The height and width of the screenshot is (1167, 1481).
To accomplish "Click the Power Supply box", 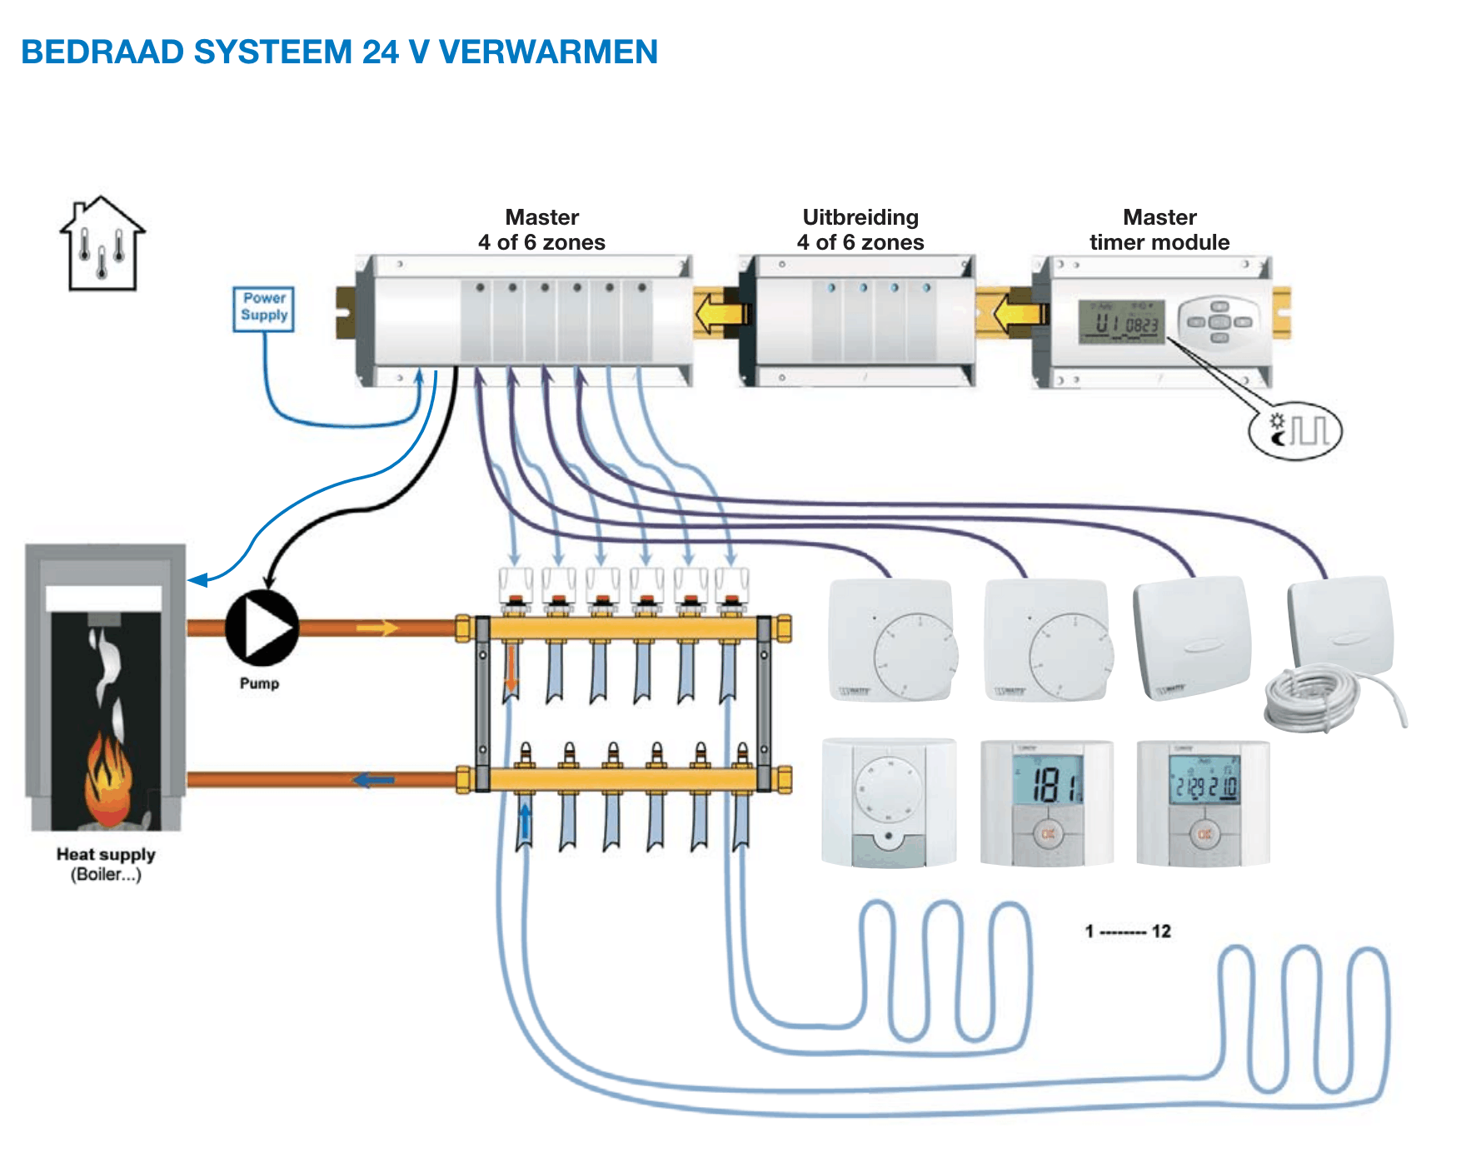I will [x=264, y=309].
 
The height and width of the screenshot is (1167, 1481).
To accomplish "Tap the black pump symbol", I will [x=261, y=628].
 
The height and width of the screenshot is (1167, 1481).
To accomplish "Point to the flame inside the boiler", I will [x=107, y=778].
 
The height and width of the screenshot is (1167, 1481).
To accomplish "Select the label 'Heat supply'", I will [x=106, y=855].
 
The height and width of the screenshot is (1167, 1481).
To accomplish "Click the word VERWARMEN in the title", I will [x=548, y=52].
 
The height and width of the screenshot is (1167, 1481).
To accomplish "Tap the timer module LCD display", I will [x=1121, y=321].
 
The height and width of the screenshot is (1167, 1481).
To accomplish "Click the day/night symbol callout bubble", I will [x=1296, y=431].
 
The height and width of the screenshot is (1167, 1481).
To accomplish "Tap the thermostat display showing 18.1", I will [x=1047, y=782].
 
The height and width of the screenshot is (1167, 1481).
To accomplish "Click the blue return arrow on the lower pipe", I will [x=373, y=781].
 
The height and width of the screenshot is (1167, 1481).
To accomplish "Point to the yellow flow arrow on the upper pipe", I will [x=378, y=628].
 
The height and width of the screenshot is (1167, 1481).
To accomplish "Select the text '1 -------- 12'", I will [x=1128, y=931].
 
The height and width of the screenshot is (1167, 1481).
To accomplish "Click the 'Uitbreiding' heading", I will [x=860, y=217].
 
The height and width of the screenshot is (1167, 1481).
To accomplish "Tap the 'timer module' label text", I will [x=1159, y=242].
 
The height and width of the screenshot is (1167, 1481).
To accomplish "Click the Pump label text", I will [x=260, y=683].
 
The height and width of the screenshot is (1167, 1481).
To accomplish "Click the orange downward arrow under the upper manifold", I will [x=511, y=671].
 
